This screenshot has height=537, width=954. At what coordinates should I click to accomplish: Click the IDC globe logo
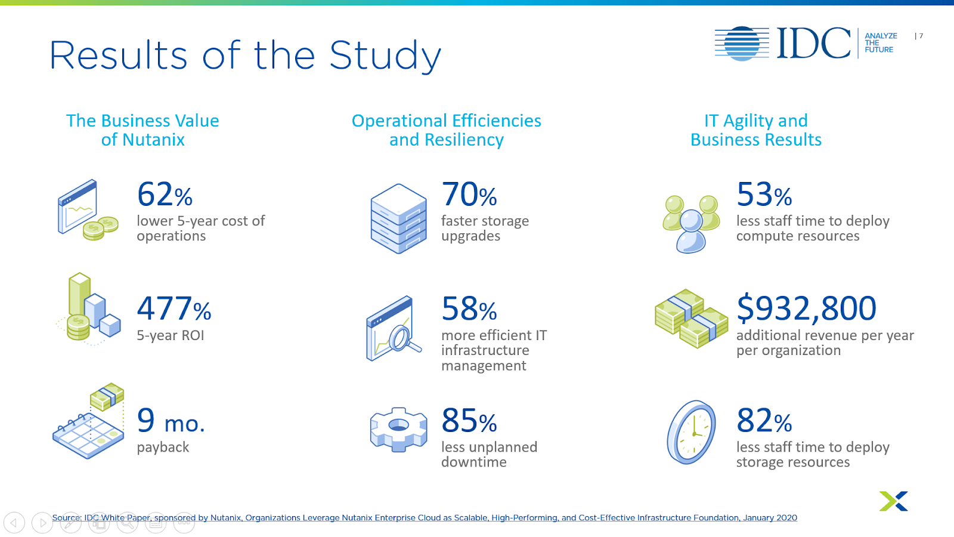pyautogui.click(x=742, y=44)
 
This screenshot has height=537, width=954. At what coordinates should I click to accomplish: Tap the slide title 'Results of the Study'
pyautogui.click(x=245, y=55)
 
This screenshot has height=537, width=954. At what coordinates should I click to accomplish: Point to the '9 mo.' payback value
pyautogui.click(x=171, y=421)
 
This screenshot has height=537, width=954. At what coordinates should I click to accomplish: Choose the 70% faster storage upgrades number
pyautogui.click(x=469, y=195)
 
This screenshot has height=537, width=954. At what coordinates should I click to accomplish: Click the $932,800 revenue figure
pyautogui.click(x=806, y=308)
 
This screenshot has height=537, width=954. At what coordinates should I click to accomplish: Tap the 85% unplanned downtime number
pyautogui.click(x=469, y=421)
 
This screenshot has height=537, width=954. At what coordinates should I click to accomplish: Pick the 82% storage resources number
pyautogui.click(x=764, y=421)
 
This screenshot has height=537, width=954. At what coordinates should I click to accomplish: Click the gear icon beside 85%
pyautogui.click(x=398, y=429)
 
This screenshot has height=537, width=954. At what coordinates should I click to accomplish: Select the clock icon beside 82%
pyautogui.click(x=692, y=432)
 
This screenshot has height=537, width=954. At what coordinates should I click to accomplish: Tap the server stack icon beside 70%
pyautogui.click(x=398, y=218)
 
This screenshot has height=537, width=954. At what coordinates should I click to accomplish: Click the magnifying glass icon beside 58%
pyautogui.click(x=393, y=329)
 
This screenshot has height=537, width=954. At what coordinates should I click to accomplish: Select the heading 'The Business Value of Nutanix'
pyautogui.click(x=143, y=130)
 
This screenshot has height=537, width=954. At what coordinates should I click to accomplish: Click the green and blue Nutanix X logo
pyautogui.click(x=893, y=501)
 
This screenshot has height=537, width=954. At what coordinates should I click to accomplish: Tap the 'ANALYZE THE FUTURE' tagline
pyautogui.click(x=879, y=43)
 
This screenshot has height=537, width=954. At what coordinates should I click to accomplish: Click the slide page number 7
pyautogui.click(x=921, y=36)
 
